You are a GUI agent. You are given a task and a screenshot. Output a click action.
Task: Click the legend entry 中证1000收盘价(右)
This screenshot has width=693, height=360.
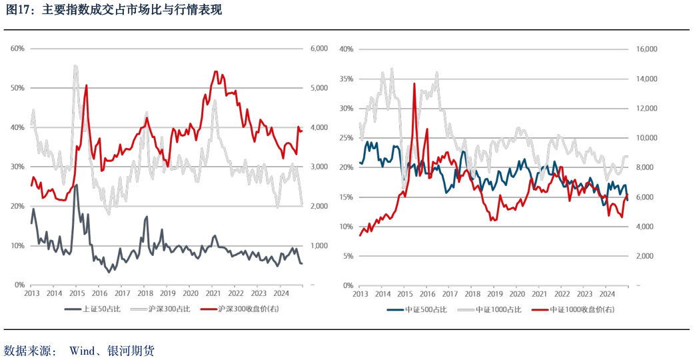pyautogui.click(x=576, y=309)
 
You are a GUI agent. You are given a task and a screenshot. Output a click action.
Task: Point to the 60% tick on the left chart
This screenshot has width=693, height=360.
pyautogui.click(x=17, y=49)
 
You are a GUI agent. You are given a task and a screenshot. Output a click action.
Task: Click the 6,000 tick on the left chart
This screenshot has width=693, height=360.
pyautogui.click(x=319, y=49)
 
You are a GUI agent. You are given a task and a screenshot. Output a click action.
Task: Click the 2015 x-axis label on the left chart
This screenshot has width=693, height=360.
pyautogui.click(x=77, y=293)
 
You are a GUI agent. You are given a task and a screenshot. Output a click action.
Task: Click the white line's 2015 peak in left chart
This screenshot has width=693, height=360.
pyautogui.click(x=75, y=65)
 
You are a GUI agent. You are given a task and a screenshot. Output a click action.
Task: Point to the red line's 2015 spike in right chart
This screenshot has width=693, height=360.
pyautogui.click(x=414, y=84)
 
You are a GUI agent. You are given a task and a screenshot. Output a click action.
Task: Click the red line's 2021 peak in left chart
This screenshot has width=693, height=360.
pyautogui.click(x=215, y=71)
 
